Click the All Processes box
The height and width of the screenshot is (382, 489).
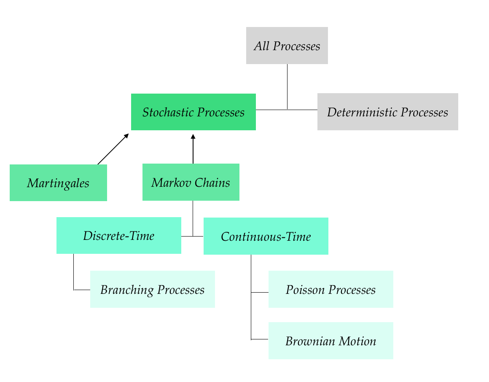(287, 46)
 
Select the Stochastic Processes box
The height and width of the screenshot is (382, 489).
(193, 112)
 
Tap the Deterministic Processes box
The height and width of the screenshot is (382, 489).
(388, 112)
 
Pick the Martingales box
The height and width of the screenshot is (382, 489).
(58, 183)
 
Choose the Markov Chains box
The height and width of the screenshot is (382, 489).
(191, 182)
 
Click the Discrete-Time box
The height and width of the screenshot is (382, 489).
(119, 235)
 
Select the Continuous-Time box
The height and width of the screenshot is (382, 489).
(266, 236)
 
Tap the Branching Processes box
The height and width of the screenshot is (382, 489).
(153, 289)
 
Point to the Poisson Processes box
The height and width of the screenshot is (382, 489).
(330, 289)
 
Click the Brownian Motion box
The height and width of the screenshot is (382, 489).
(330, 341)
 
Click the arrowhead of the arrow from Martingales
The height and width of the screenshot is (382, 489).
(126, 136)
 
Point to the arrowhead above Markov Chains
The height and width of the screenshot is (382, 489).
(193, 137)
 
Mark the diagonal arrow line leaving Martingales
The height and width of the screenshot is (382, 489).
(113, 149)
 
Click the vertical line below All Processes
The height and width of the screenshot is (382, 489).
(287, 87)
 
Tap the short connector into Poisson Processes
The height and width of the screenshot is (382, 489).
(260, 293)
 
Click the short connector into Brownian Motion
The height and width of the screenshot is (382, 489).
(260, 339)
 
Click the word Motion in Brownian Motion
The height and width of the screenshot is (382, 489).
(357, 341)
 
